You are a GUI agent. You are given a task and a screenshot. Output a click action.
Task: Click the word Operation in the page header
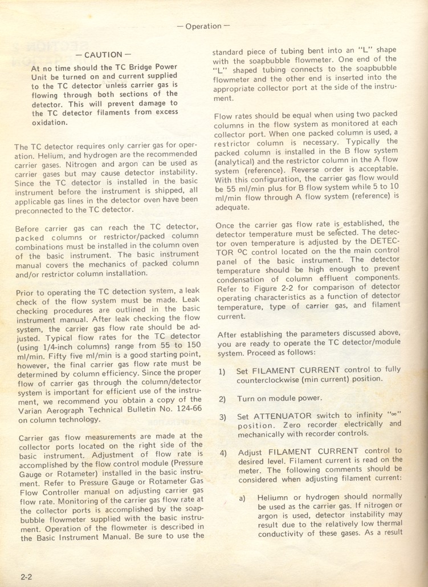click(x=203, y=26)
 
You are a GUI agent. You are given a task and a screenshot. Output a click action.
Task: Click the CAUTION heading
click(x=103, y=55)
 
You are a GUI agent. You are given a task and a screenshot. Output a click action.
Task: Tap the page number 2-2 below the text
click(x=26, y=577)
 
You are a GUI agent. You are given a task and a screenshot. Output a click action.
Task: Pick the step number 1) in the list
click(x=222, y=372)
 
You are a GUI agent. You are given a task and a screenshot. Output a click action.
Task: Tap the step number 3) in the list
click(x=222, y=418)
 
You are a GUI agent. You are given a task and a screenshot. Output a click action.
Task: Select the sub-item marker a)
click(x=242, y=498)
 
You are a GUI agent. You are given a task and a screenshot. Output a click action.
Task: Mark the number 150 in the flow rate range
click(x=194, y=346)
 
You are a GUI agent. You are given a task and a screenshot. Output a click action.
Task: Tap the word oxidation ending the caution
click(x=50, y=123)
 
